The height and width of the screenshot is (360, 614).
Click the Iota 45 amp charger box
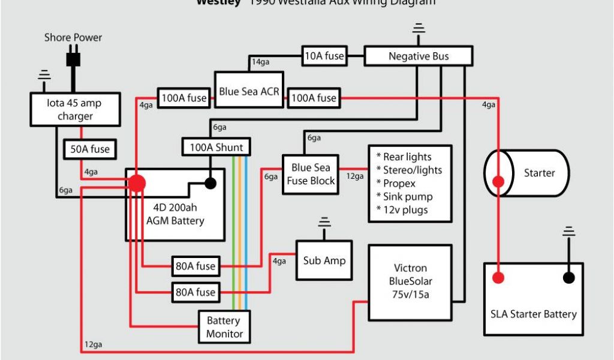point(75,109)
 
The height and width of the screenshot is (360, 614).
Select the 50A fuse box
point(90,149)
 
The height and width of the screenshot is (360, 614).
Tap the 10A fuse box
point(324,56)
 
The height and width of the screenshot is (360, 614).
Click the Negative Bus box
point(419,56)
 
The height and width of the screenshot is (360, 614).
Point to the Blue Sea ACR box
point(249,92)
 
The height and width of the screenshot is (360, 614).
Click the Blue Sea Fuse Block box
point(310,174)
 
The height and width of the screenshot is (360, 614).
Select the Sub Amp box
point(324,260)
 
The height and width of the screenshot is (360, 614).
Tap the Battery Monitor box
point(225,327)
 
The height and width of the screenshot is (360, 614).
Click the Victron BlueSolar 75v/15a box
point(410,281)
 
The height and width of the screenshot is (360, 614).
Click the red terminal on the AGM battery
point(137,183)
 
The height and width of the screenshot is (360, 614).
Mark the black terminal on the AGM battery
point(210,183)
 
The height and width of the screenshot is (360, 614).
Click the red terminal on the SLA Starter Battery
point(498,277)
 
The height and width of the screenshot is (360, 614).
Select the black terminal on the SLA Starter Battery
point(568,277)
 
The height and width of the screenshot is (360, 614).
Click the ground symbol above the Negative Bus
point(419,28)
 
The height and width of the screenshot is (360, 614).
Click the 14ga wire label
point(260,62)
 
